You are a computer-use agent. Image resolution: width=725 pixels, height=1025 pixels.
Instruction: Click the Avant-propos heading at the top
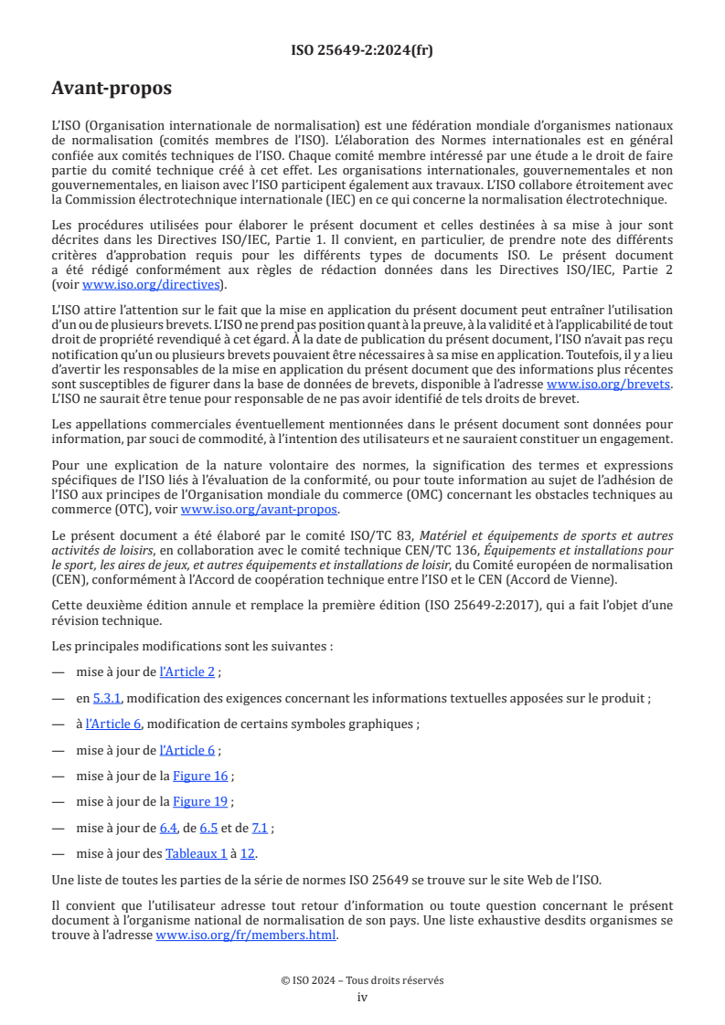(x=112, y=89)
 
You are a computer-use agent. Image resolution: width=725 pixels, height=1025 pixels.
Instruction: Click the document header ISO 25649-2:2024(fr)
(x=362, y=50)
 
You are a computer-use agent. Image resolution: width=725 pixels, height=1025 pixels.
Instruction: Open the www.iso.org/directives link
(x=153, y=285)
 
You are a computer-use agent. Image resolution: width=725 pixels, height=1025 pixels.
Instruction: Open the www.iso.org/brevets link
(x=608, y=385)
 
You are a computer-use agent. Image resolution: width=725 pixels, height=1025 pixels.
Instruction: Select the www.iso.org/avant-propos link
(x=260, y=510)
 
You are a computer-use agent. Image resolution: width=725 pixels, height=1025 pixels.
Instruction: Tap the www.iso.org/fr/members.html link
(x=246, y=935)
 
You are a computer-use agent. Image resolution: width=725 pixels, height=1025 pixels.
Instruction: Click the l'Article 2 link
(x=187, y=672)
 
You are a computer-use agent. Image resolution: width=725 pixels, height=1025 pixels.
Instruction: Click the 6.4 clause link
(x=169, y=828)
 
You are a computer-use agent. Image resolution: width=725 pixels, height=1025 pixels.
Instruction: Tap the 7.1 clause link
(x=260, y=828)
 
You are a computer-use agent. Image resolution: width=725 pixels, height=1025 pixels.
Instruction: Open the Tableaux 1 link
(x=196, y=853)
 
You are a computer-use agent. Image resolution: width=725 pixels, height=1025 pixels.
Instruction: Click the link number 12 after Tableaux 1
(x=248, y=853)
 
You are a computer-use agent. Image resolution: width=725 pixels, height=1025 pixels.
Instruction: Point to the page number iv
(x=362, y=997)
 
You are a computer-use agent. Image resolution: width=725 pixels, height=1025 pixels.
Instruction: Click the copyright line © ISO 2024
(x=362, y=980)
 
